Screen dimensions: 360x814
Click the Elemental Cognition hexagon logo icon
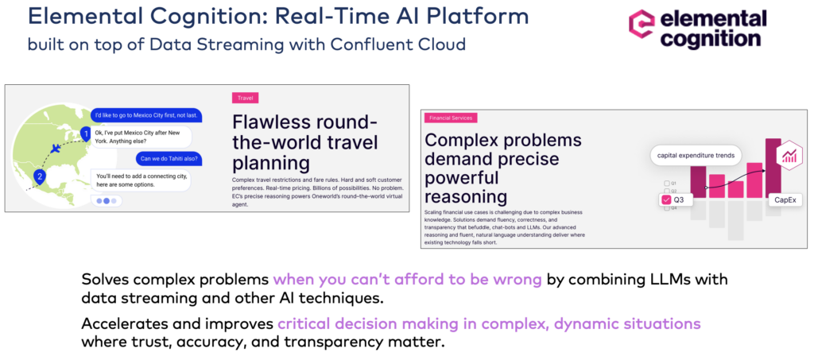[641, 26]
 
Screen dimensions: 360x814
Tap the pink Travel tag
[245, 98]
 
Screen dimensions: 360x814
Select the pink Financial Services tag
[450, 118]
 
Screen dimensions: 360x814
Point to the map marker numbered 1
[86, 136]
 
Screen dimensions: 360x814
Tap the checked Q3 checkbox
[667, 200]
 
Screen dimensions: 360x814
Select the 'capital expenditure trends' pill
[694, 155]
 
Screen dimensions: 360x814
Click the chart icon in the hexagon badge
[789, 155]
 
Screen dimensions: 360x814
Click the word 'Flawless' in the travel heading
[266, 124]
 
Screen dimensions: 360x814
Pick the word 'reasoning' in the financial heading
[465, 196]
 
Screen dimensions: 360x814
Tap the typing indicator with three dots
[107, 201]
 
